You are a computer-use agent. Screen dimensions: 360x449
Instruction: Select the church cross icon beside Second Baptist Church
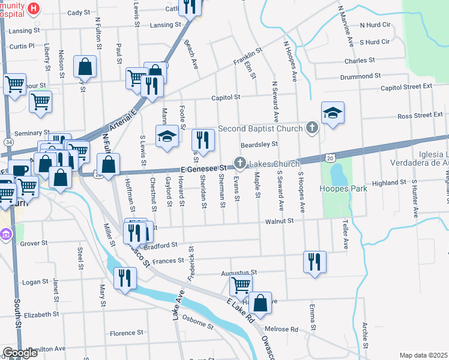point(312,127)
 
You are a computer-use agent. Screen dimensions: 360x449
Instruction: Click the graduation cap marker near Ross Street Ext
point(333,113)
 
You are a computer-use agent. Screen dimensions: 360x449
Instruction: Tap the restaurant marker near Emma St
point(315,262)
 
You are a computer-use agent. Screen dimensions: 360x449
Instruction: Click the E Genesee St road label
point(205,169)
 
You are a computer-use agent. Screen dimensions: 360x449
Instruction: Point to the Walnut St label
point(280,221)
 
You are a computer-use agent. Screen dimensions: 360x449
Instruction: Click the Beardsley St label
point(259,145)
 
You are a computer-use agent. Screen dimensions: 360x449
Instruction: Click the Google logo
point(20,353)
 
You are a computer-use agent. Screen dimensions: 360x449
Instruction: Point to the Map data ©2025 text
point(423,355)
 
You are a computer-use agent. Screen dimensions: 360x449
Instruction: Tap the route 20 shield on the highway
point(332,157)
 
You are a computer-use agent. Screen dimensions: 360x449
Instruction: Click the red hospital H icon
point(34,9)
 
